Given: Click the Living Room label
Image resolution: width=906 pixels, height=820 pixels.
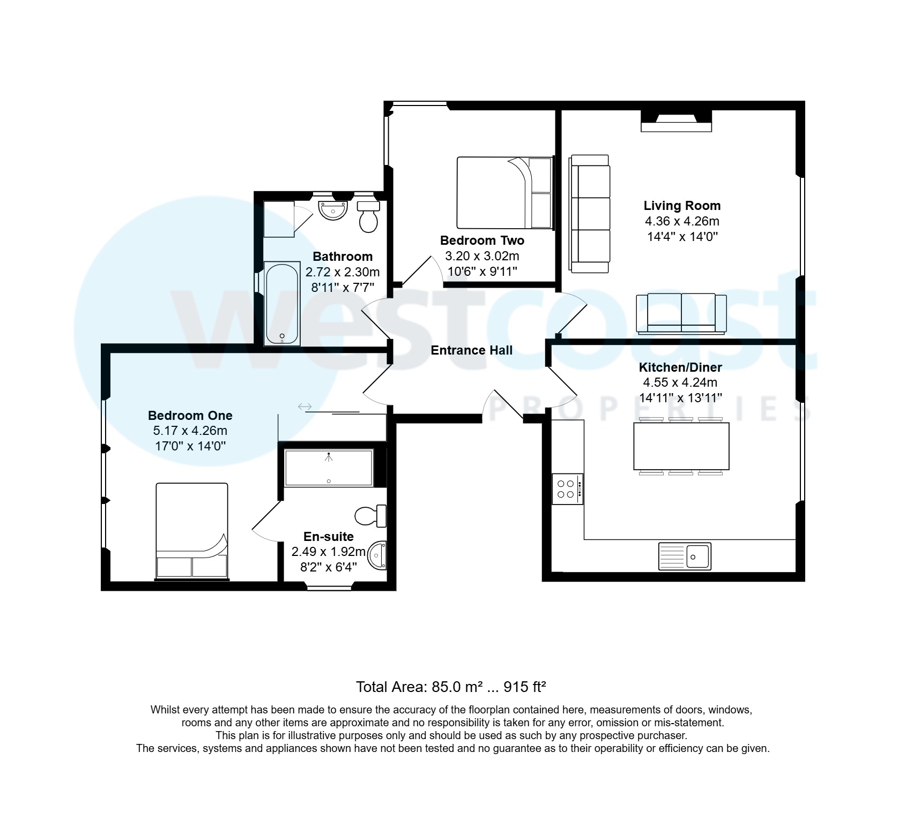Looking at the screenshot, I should click(x=681, y=206).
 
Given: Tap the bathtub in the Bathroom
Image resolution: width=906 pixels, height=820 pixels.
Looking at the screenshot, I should click(x=282, y=303).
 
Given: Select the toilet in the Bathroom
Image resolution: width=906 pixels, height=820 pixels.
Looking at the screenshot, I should click(x=368, y=216).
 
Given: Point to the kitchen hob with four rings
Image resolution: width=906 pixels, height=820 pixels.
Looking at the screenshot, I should click(x=567, y=488).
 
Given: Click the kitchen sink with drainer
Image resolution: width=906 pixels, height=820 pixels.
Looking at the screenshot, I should click(x=685, y=556).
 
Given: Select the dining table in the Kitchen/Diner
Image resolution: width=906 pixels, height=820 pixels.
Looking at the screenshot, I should click(x=681, y=446).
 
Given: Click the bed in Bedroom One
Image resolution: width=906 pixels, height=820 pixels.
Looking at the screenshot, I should click(x=192, y=530).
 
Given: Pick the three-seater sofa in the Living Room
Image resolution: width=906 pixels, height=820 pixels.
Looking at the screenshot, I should click(x=590, y=214).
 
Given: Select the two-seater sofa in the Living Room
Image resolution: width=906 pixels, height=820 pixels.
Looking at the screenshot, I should click(x=681, y=314).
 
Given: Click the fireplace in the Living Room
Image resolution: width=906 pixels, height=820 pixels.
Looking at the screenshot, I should click(x=676, y=121).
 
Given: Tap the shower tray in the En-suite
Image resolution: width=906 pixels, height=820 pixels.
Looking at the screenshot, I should click(x=328, y=468).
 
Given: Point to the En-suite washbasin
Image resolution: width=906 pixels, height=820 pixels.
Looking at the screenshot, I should click(x=378, y=555).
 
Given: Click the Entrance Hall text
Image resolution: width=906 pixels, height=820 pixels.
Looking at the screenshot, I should click(x=471, y=350).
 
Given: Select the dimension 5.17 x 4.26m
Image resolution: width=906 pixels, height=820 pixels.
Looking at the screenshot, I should click(x=190, y=431).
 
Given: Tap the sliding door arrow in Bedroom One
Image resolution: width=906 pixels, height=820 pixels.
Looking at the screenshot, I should click(x=305, y=407).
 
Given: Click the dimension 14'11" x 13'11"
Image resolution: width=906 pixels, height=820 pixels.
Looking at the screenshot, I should click(x=680, y=398).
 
